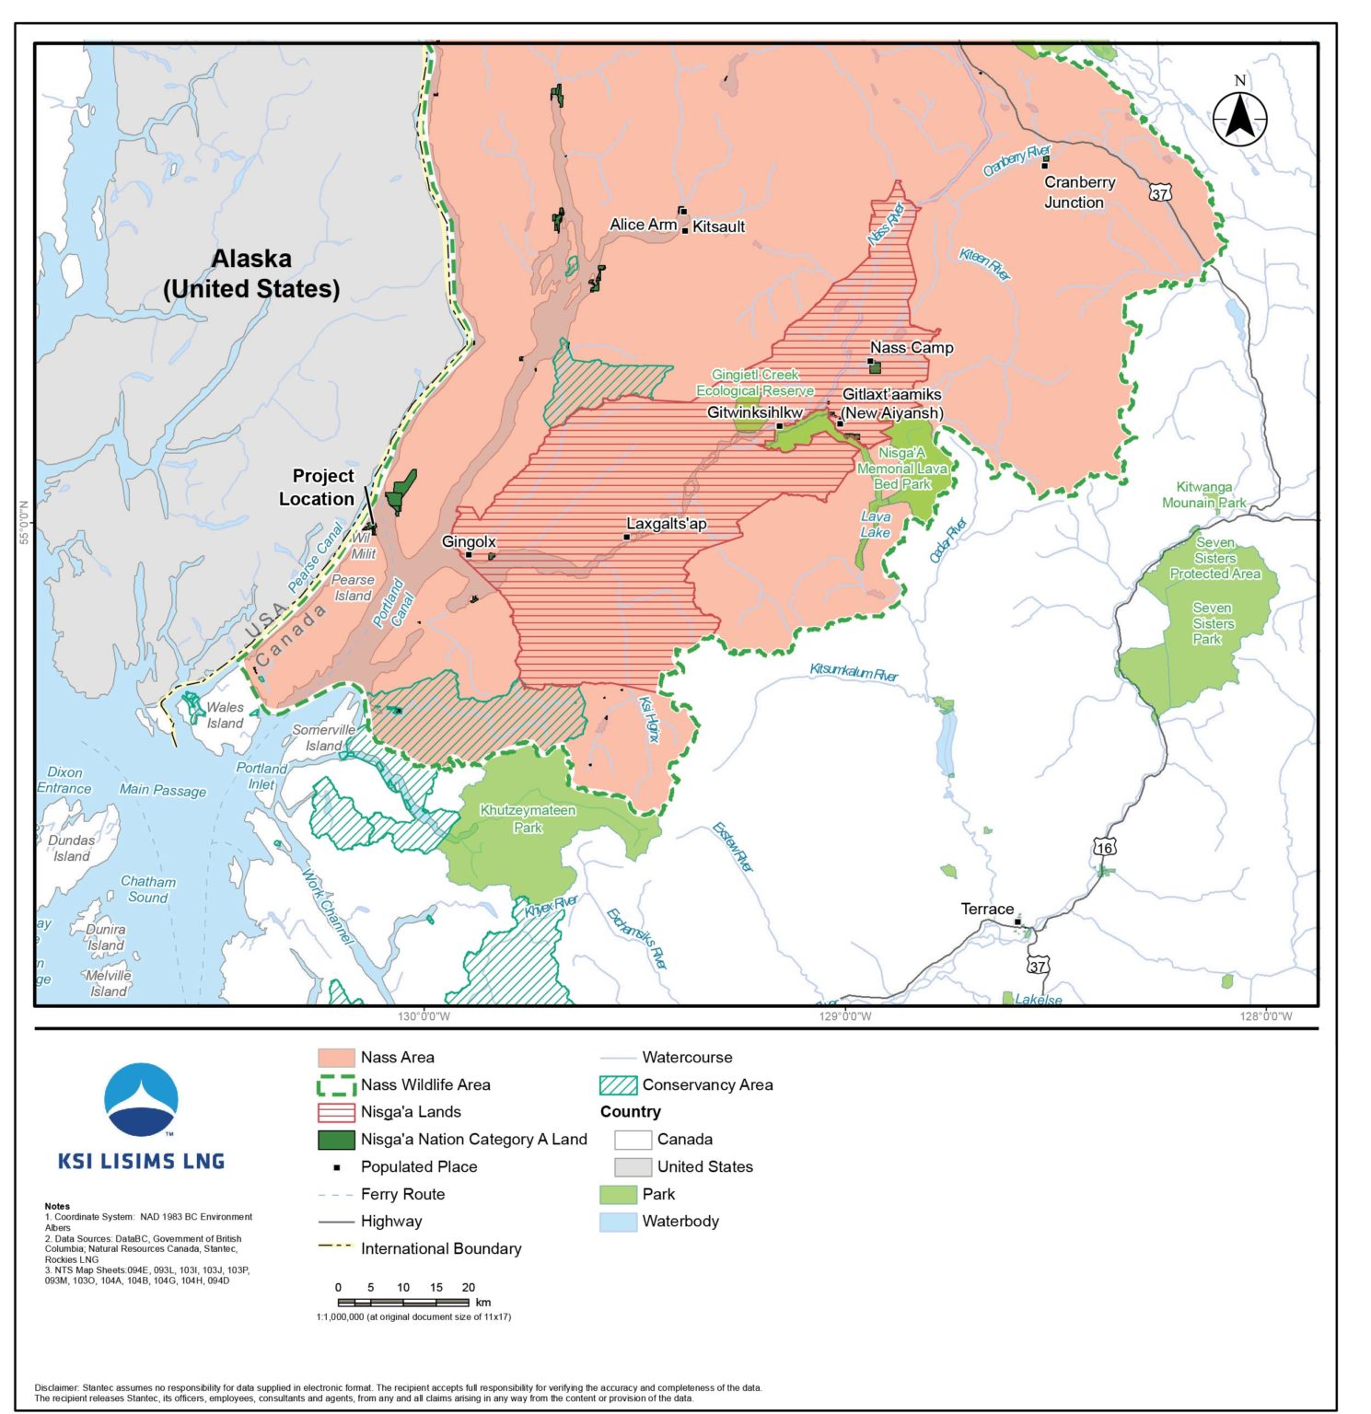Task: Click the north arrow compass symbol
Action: pyautogui.click(x=1238, y=117)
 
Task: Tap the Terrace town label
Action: pyautogui.click(x=987, y=909)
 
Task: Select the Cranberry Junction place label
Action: pyautogui.click(x=1078, y=192)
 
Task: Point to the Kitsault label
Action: pyautogui.click(x=718, y=226)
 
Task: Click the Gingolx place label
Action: pyautogui.click(x=469, y=541)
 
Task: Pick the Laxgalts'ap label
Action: pyautogui.click(x=667, y=524)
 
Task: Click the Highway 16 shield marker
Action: pyautogui.click(x=1103, y=846)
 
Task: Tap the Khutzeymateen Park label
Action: pyautogui.click(x=528, y=818)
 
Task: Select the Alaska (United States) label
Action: pyautogui.click(x=251, y=273)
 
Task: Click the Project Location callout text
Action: pyautogui.click(x=316, y=487)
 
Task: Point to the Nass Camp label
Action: pyautogui.click(x=912, y=347)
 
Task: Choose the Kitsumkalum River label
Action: pyautogui.click(x=854, y=672)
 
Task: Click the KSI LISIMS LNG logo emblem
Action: pyautogui.click(x=141, y=1100)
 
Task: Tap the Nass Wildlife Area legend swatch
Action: pyautogui.click(x=336, y=1084)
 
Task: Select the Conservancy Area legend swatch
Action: pyautogui.click(x=618, y=1084)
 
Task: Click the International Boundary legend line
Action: pyautogui.click(x=336, y=1248)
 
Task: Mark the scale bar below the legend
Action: pyautogui.click(x=403, y=1302)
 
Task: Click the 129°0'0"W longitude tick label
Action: pyautogui.click(x=845, y=1016)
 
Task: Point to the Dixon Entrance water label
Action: pyautogui.click(x=64, y=780)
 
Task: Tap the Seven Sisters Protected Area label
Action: pyautogui.click(x=1214, y=558)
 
